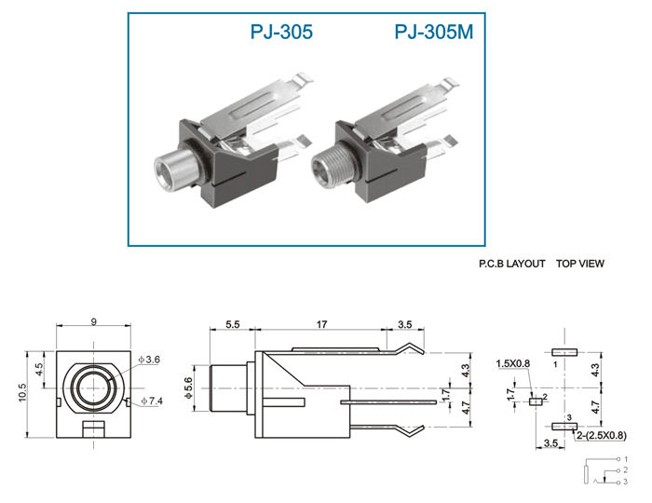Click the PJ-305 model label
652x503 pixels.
281,32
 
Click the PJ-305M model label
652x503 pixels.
434,32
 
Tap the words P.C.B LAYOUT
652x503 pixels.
512,264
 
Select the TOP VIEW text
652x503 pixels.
580,264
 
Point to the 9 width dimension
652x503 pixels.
93,321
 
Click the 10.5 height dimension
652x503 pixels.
22,392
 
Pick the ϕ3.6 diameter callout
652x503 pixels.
149,360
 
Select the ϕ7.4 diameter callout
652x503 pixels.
152,401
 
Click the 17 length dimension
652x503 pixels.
321,324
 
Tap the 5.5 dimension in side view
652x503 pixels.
233,324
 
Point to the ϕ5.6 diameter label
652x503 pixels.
188,388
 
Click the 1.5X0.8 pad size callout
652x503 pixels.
512,363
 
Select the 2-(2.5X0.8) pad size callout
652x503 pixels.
602,435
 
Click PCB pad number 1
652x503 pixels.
564,352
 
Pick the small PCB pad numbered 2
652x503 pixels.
536,401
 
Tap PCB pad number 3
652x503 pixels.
564,426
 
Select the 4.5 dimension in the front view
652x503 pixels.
39,369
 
